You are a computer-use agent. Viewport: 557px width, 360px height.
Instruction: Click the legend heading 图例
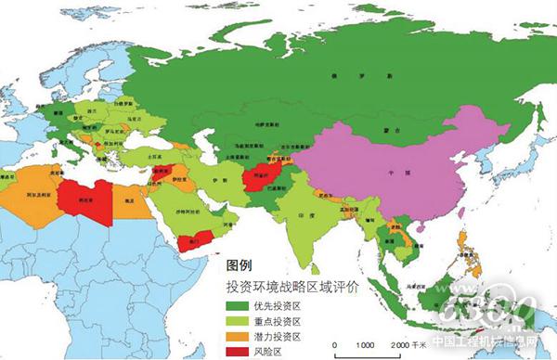click(x=239, y=264)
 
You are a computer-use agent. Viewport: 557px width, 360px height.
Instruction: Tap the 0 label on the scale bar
click(x=335, y=343)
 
